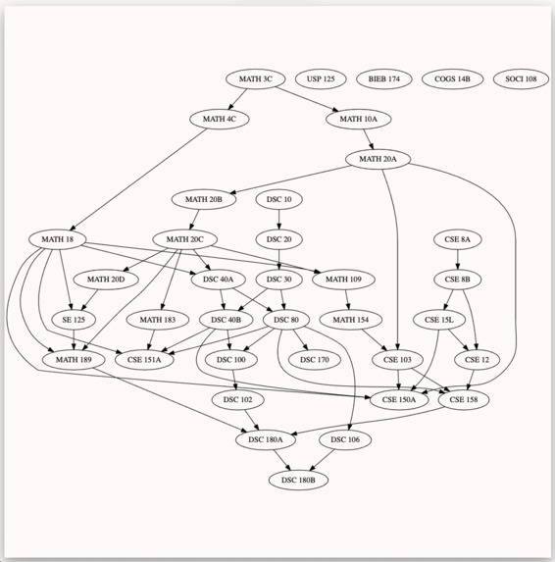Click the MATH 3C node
coord(256,78)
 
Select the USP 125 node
coord(321,78)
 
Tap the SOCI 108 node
coord(521,78)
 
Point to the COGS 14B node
coord(452,78)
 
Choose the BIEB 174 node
coord(384,78)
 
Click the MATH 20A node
coord(378,159)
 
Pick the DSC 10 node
coord(279,199)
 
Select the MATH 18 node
coord(57,239)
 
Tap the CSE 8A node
coord(457,239)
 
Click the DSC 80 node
coord(286,320)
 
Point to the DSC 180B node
coord(298,480)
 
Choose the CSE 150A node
coord(399,399)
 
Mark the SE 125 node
coord(74,320)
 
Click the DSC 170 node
coord(314,360)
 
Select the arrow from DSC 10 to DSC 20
coord(279,220)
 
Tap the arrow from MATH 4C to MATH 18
coord(138,179)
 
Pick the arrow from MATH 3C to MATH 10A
coord(306,99)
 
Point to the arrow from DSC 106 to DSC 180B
coord(322,460)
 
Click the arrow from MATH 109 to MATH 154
coord(347,300)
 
